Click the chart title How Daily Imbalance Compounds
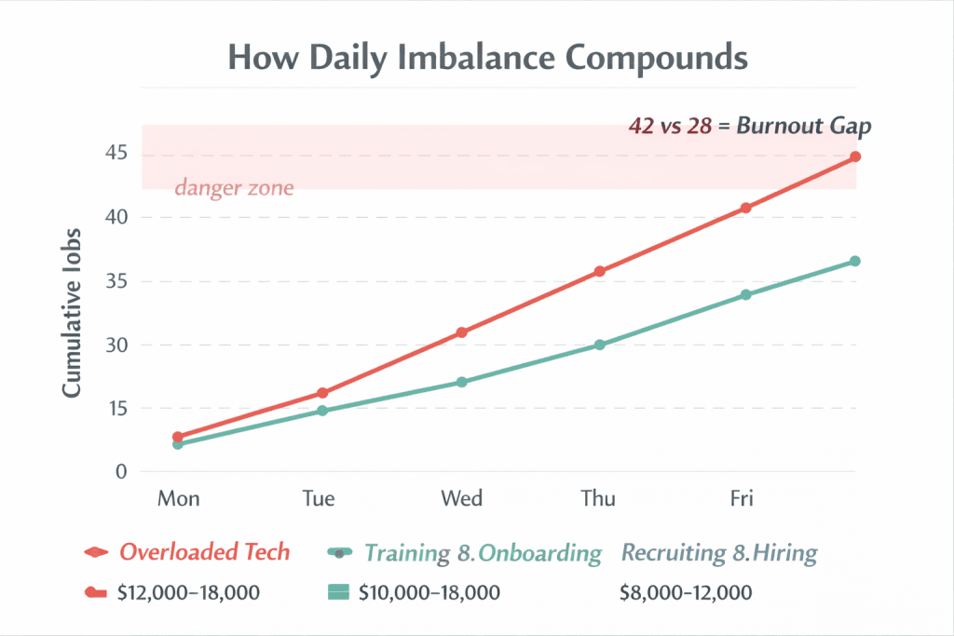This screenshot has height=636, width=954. click(x=488, y=58)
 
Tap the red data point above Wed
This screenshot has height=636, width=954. click(x=461, y=332)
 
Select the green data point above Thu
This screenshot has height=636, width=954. click(x=600, y=345)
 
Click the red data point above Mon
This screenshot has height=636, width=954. click(x=178, y=437)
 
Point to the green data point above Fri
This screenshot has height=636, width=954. click(x=745, y=295)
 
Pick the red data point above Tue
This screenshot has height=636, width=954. click(x=322, y=393)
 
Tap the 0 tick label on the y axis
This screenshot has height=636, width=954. click(x=120, y=472)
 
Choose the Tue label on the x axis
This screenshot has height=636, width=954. click(x=319, y=499)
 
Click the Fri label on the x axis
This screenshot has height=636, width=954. click(x=742, y=499)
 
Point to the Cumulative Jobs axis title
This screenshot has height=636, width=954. click(x=73, y=313)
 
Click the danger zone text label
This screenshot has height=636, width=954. click(x=234, y=188)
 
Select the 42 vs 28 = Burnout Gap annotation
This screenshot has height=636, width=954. click(x=751, y=127)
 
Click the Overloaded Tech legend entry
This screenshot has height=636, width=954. click(x=204, y=552)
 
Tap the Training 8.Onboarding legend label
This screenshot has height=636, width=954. click(x=483, y=553)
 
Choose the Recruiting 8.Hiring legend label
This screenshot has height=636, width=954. click(x=718, y=553)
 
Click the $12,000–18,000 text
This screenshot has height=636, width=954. click(x=189, y=592)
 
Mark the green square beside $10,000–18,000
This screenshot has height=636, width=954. click(x=338, y=592)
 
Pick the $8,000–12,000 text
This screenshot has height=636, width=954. click(x=685, y=592)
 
